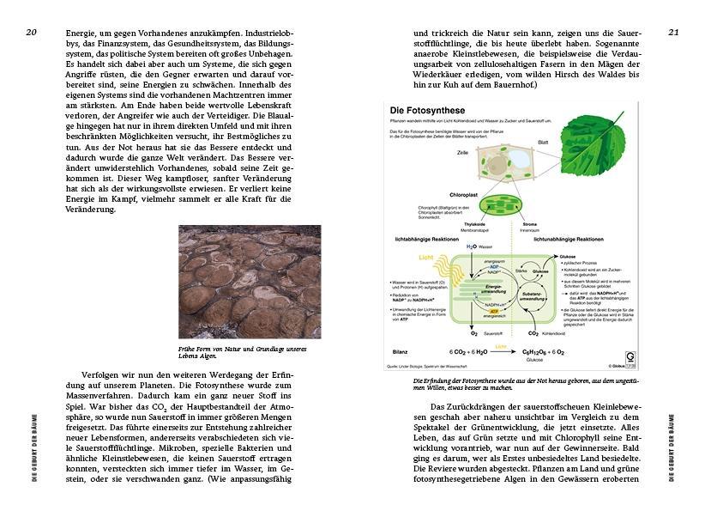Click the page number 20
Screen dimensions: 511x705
(x=31, y=32)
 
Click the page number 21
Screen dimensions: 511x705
(x=673, y=32)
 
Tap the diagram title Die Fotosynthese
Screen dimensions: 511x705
(x=427, y=111)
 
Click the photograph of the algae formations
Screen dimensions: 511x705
(x=250, y=282)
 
